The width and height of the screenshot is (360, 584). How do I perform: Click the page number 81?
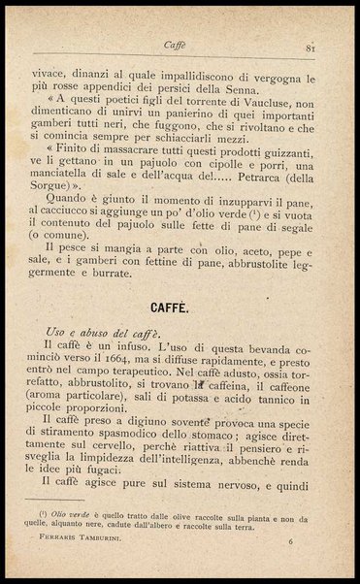coord(311,46)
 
